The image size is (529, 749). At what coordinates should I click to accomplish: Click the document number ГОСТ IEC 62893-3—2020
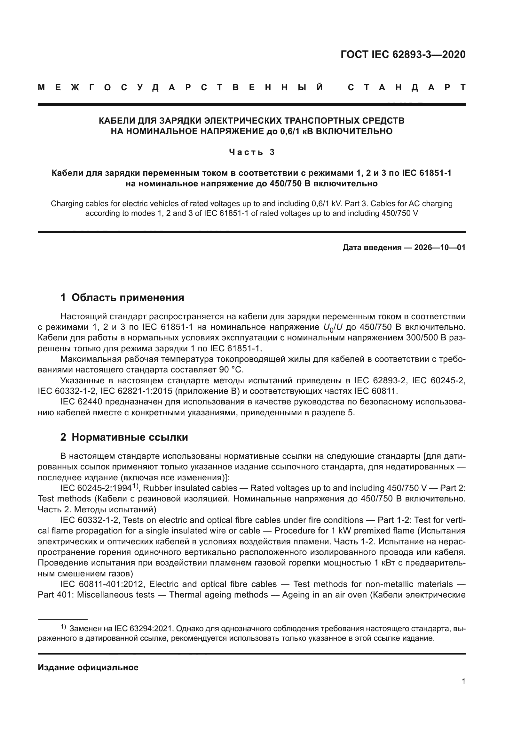[x=403, y=54]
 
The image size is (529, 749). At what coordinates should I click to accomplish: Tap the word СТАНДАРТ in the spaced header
[x=407, y=87]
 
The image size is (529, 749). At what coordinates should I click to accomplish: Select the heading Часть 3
[x=252, y=152]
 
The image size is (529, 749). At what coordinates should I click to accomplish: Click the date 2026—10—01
[x=440, y=247]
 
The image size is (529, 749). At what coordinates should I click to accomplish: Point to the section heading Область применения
[x=128, y=297]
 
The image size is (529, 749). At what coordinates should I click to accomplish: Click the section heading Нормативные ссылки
[x=130, y=437]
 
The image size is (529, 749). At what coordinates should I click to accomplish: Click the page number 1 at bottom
[x=463, y=681]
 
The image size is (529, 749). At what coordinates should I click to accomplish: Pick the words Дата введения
[x=372, y=247]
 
